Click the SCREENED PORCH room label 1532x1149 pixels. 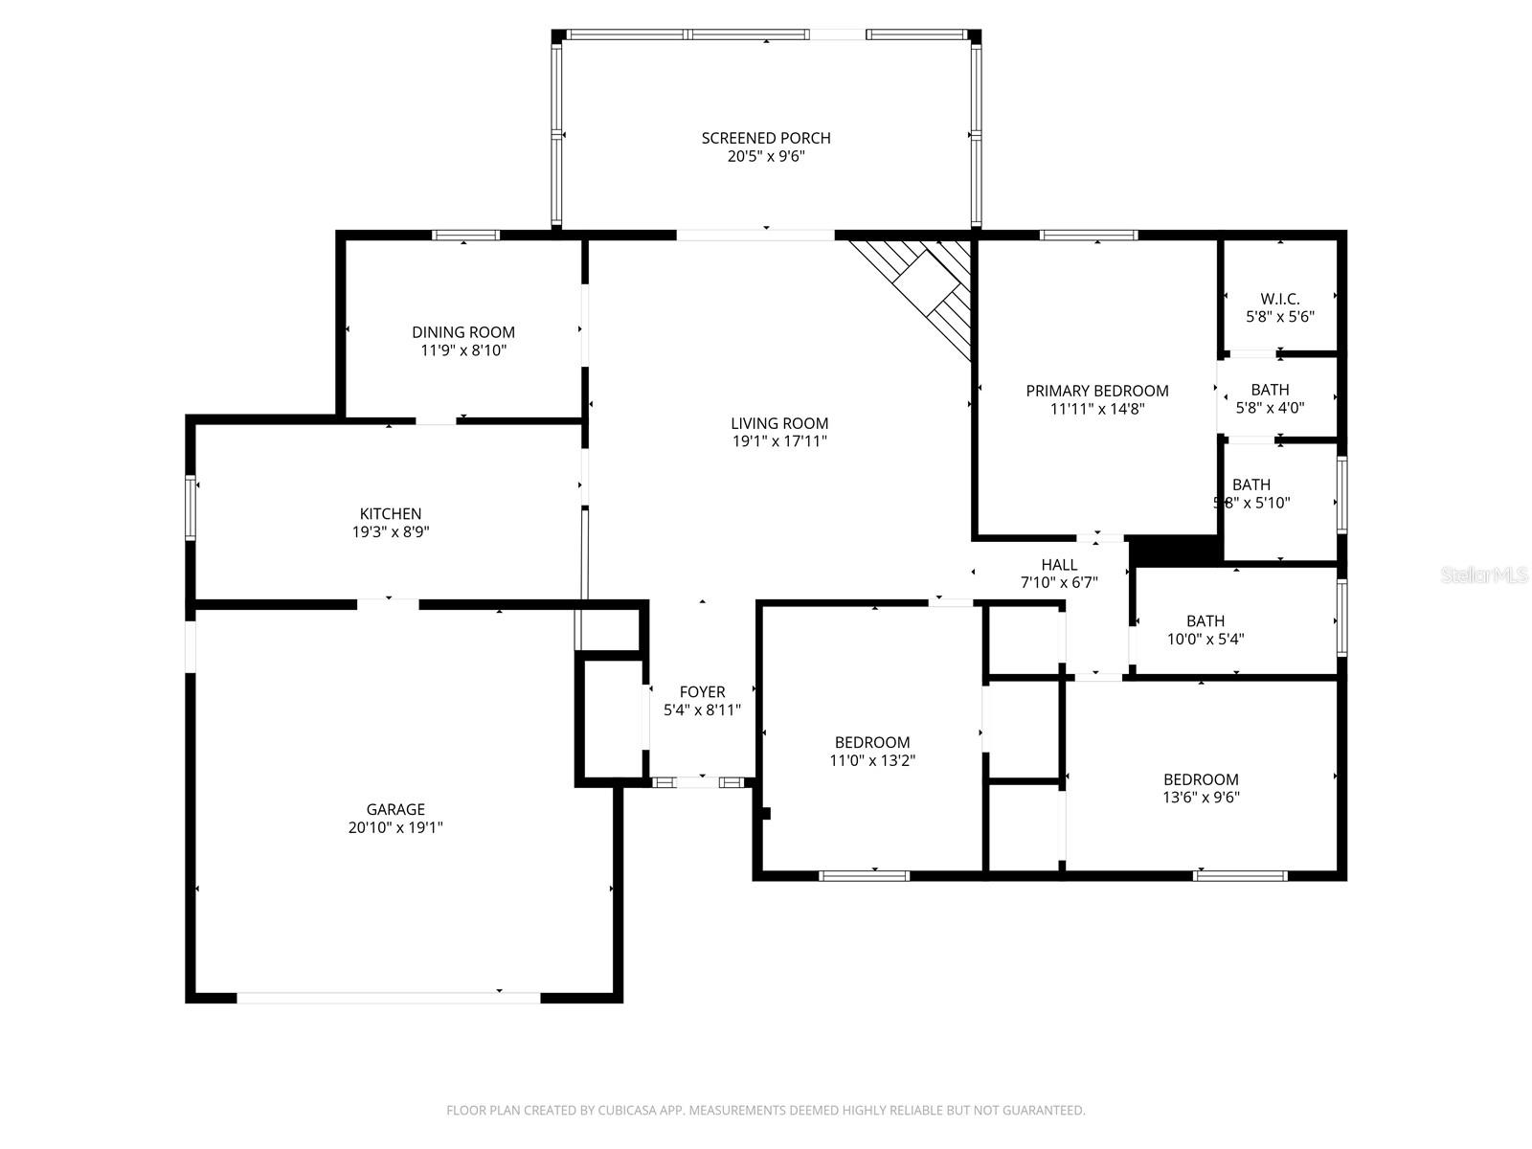pyautogui.click(x=765, y=138)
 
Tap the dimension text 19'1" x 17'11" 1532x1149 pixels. pyautogui.click(x=779, y=441)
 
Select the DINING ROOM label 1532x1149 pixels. pyautogui.click(x=463, y=332)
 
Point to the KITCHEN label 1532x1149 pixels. pyautogui.click(x=391, y=514)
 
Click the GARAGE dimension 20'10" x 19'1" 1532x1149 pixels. pyautogui.click(x=395, y=827)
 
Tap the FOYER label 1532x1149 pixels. pyautogui.click(x=702, y=692)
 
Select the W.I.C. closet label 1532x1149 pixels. pyautogui.click(x=1279, y=299)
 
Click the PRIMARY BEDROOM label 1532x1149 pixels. pyautogui.click(x=1097, y=391)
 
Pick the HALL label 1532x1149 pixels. pyautogui.click(x=1059, y=565)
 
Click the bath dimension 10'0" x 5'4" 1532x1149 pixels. pyautogui.click(x=1205, y=640)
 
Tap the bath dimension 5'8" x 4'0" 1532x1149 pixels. pyautogui.click(x=1270, y=407)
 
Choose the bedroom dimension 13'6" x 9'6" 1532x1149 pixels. pyautogui.click(x=1201, y=798)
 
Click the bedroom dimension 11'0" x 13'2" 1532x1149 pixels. pyautogui.click(x=871, y=760)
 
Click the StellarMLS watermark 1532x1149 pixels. pyautogui.click(x=1484, y=575)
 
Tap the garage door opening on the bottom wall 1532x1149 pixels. pyautogui.click(x=388, y=998)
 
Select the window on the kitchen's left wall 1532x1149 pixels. pyautogui.click(x=191, y=507)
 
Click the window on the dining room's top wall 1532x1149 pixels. pyautogui.click(x=465, y=235)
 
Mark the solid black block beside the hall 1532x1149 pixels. pyautogui.click(x=1172, y=551)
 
